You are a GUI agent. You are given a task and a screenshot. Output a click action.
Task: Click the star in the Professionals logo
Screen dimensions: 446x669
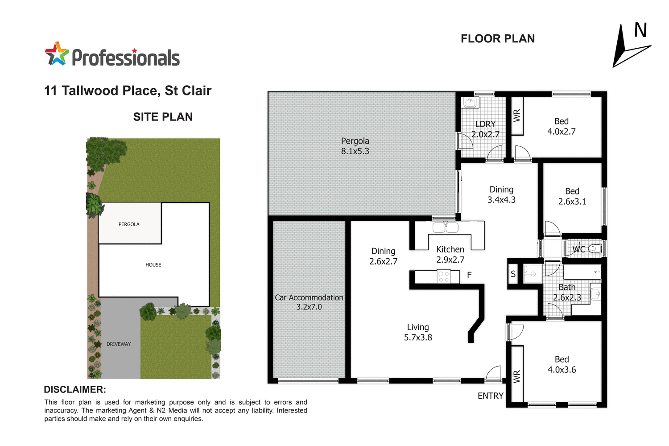pyautogui.click(x=57, y=54)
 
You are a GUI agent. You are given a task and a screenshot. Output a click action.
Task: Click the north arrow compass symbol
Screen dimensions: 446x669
pyautogui.click(x=629, y=46)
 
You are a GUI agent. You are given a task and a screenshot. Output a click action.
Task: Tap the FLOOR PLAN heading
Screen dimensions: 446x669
pyautogui.click(x=497, y=39)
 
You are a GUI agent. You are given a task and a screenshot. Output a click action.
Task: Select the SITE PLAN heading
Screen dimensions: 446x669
pyautogui.click(x=163, y=117)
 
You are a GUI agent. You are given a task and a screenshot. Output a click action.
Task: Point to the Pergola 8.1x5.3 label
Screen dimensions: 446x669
pyautogui.click(x=355, y=146)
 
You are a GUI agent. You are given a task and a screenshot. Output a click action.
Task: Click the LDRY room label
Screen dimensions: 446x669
pyautogui.click(x=485, y=124)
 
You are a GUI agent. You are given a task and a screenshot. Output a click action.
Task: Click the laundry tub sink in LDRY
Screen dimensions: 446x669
pyautogui.click(x=471, y=103)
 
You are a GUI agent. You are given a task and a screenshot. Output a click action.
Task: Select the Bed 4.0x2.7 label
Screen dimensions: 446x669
pyautogui.click(x=561, y=126)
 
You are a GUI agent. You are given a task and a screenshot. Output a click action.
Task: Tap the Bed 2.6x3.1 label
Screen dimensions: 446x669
pyautogui.click(x=572, y=196)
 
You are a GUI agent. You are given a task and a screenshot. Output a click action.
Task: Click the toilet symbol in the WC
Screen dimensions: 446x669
pyautogui.click(x=595, y=249)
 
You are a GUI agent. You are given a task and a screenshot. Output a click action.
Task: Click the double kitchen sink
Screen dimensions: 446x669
pyautogui.click(x=445, y=227)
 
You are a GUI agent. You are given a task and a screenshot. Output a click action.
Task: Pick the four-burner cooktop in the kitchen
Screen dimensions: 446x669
pyautogui.click(x=443, y=277)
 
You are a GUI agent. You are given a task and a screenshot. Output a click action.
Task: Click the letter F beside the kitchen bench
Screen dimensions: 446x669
pyautogui.click(x=469, y=275)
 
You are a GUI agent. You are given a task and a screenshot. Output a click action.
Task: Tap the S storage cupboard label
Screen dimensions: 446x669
pyautogui.click(x=513, y=274)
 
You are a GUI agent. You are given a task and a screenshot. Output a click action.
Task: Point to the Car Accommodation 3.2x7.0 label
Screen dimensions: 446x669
pyautogui.click(x=309, y=302)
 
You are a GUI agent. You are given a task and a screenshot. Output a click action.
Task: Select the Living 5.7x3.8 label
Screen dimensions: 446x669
pyautogui.click(x=418, y=332)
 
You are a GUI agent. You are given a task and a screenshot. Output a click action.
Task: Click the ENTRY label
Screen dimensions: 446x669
pyautogui.click(x=490, y=396)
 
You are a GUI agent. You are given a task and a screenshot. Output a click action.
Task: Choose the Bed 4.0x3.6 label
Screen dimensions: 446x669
pyautogui.click(x=562, y=364)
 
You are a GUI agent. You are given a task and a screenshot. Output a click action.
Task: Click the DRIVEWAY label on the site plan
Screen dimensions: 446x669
pyautogui.click(x=119, y=344)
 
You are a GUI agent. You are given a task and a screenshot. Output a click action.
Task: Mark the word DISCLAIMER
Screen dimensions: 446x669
pyautogui.click(x=75, y=389)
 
